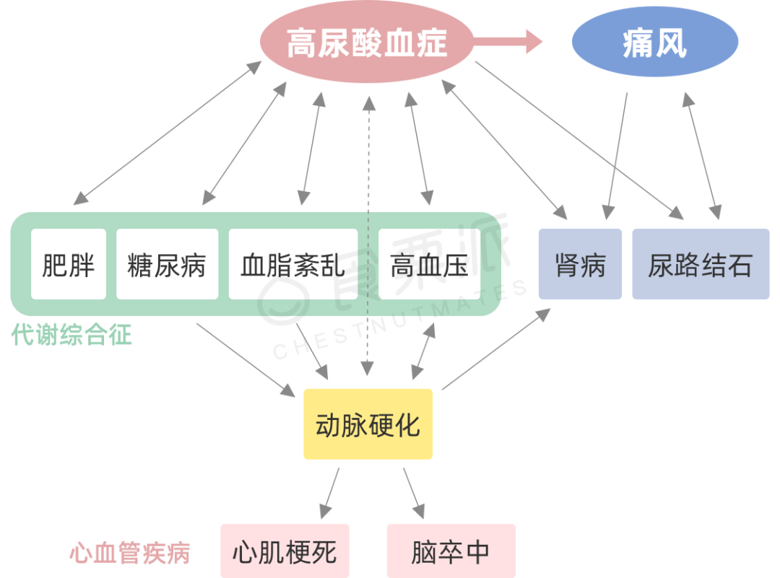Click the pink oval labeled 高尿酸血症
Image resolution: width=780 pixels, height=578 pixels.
pos(367,43)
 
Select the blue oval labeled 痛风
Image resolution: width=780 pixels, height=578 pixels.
pos(654,43)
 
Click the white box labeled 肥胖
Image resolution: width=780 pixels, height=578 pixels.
pos(69,264)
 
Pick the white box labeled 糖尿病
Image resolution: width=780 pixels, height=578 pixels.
pos(167,264)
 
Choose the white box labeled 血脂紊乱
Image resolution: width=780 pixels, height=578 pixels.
pos(292,264)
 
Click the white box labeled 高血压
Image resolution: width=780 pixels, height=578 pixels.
pos(429,264)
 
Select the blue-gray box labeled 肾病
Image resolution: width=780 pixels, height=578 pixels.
pos(580,264)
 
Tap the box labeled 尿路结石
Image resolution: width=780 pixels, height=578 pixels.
pos(700,264)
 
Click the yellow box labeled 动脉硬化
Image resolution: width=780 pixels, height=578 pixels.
pos(368,424)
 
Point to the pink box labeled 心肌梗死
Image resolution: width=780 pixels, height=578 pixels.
pos(285,551)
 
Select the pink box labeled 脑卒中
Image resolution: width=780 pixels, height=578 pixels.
pos(451,551)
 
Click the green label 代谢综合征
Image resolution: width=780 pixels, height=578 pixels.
pos(71,335)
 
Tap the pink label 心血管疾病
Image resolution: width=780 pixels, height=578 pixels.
pos(130,553)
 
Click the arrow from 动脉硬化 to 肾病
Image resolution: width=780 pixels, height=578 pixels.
pos(496,349)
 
